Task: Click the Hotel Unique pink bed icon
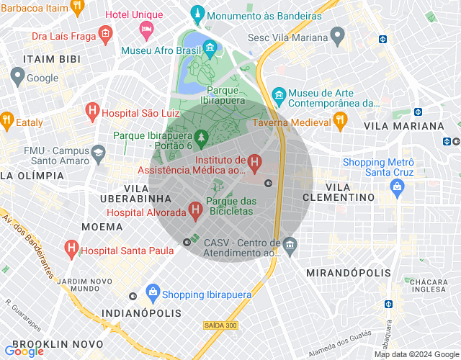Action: pyautogui.click(x=147, y=30)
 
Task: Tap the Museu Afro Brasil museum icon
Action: pyautogui.click(x=210, y=50)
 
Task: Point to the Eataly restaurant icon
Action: pyautogui.click(x=6, y=121)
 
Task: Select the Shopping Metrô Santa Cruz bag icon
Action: pyautogui.click(x=395, y=186)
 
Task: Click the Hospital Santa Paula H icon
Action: pyautogui.click(x=71, y=250)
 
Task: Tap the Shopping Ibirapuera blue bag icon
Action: pyautogui.click(x=152, y=292)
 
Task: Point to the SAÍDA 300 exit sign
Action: pyautogui.click(x=220, y=325)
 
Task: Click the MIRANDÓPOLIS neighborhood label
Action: pyautogui.click(x=348, y=273)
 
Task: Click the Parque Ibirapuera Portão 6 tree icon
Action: pyautogui.click(x=202, y=135)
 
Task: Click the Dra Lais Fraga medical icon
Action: pyautogui.click(x=105, y=33)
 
